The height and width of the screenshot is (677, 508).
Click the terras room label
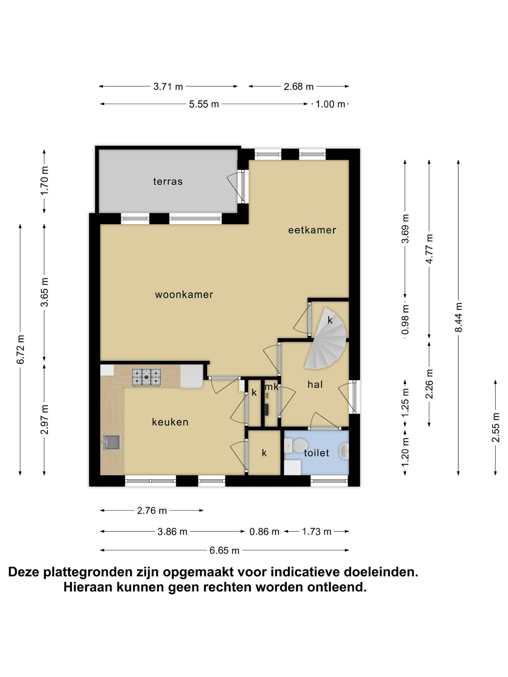(168, 181)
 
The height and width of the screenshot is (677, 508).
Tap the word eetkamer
(312, 230)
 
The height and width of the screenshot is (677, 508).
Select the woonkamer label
(184, 295)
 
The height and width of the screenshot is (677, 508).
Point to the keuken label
(170, 422)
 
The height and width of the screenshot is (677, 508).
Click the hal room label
(315, 384)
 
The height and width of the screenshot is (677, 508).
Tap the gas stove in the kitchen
(147, 377)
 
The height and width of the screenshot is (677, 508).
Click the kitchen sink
(111, 442)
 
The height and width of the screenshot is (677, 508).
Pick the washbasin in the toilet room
(344, 451)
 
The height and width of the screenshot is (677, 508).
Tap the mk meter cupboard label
(272, 386)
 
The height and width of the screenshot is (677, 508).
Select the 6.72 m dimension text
(21, 349)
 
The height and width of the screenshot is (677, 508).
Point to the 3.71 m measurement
(168, 87)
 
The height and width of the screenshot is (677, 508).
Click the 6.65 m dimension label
(224, 550)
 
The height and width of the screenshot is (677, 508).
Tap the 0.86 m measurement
(264, 532)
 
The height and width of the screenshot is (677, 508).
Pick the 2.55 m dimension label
(495, 427)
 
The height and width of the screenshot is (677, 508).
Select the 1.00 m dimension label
(330, 104)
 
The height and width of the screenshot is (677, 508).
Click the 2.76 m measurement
(152, 511)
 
